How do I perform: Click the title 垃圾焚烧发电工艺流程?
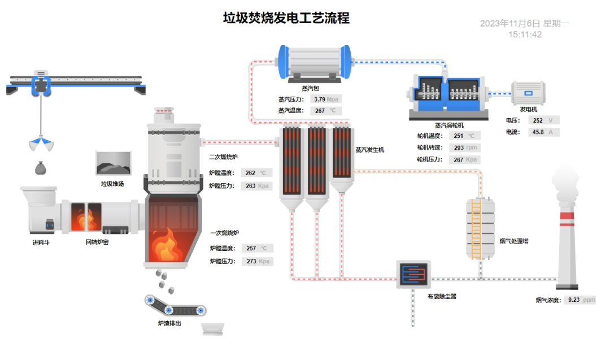(286, 18)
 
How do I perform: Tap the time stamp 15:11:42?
(525, 34)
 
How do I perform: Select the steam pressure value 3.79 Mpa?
(325, 99)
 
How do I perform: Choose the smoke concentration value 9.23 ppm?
(580, 300)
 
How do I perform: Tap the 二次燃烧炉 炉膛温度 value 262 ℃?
(256, 173)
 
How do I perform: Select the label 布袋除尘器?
(442, 296)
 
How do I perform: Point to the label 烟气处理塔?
(514, 241)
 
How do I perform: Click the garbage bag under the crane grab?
(40, 167)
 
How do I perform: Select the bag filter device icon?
(413, 274)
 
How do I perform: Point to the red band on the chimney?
(568, 215)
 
